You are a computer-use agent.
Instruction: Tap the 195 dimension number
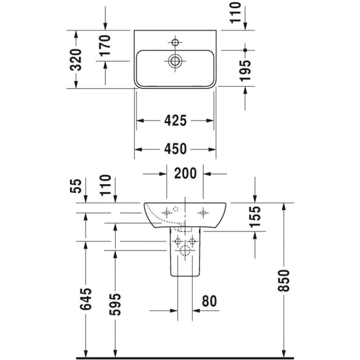click(x=245, y=70)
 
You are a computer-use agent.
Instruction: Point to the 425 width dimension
click(x=175, y=120)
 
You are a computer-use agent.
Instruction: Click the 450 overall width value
click(x=175, y=148)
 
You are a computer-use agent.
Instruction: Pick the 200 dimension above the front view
click(x=186, y=173)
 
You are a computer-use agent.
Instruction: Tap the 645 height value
click(x=86, y=299)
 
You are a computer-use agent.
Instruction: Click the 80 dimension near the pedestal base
click(x=209, y=301)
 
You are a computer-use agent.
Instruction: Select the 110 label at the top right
click(x=237, y=13)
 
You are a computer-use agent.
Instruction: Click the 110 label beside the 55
click(x=106, y=185)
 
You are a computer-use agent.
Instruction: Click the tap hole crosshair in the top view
click(x=175, y=41)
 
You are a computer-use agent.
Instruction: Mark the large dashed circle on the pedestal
click(x=185, y=251)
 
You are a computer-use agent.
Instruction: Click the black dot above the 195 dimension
click(x=245, y=50)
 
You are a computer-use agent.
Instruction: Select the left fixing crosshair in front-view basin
click(x=167, y=212)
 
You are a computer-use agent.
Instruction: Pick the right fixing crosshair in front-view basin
click(x=203, y=212)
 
